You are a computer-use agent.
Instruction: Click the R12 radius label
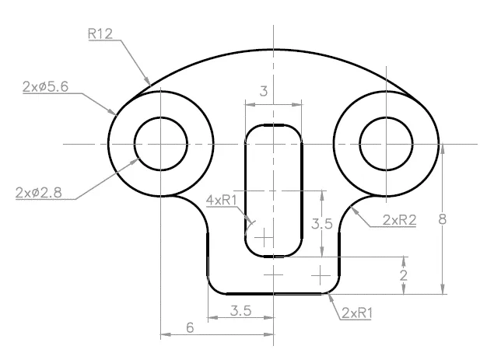coord(100,33)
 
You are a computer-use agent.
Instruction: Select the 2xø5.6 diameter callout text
coord(45,86)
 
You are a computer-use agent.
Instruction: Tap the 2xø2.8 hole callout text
coord(39,193)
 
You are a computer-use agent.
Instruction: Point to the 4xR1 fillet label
coord(222,200)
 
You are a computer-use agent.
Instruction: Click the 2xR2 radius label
coord(399,220)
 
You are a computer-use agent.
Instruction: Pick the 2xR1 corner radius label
coord(357,313)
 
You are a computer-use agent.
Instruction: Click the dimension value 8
coord(443,219)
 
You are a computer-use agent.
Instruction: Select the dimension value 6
coord(190,327)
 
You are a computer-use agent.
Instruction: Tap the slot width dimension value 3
coord(264,91)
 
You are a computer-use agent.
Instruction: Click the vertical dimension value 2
coord(403,275)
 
